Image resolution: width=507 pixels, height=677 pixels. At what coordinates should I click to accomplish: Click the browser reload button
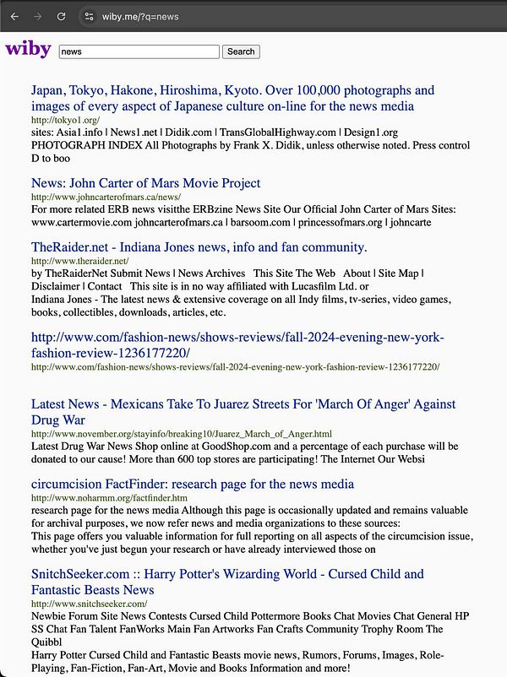tap(61, 16)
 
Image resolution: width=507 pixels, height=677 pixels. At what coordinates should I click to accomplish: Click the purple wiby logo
tap(28, 49)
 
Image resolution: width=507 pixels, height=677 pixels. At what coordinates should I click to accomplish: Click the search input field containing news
tap(139, 51)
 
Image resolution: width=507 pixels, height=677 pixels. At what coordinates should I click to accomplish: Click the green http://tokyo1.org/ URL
tap(65, 121)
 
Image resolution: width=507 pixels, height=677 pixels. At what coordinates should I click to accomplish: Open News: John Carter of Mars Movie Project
tap(145, 183)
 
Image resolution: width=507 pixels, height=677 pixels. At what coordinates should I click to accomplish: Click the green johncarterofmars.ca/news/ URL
tap(106, 198)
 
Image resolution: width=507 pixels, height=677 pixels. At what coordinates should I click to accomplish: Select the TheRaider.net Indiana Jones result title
tap(199, 247)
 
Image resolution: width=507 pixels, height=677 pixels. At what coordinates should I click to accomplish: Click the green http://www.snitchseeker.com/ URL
tap(89, 604)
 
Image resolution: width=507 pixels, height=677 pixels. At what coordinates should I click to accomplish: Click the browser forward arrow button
tap(38, 16)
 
